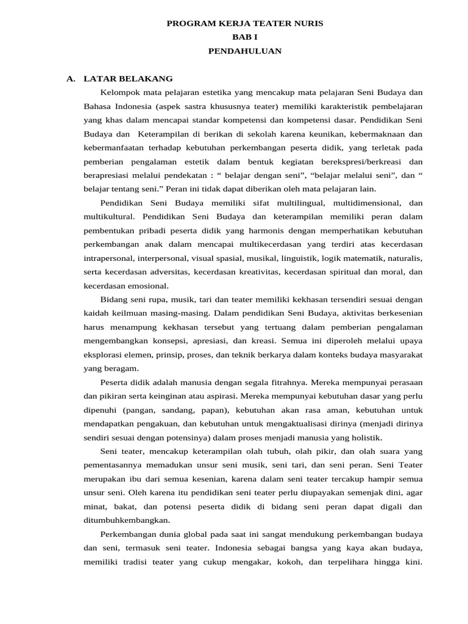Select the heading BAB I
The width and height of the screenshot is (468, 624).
(x=244, y=37)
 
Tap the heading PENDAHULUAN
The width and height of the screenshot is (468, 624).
(x=244, y=51)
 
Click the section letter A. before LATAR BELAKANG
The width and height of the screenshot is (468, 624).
(x=71, y=79)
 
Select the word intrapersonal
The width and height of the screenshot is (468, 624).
(x=110, y=258)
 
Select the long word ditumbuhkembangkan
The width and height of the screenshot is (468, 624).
(x=127, y=520)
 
